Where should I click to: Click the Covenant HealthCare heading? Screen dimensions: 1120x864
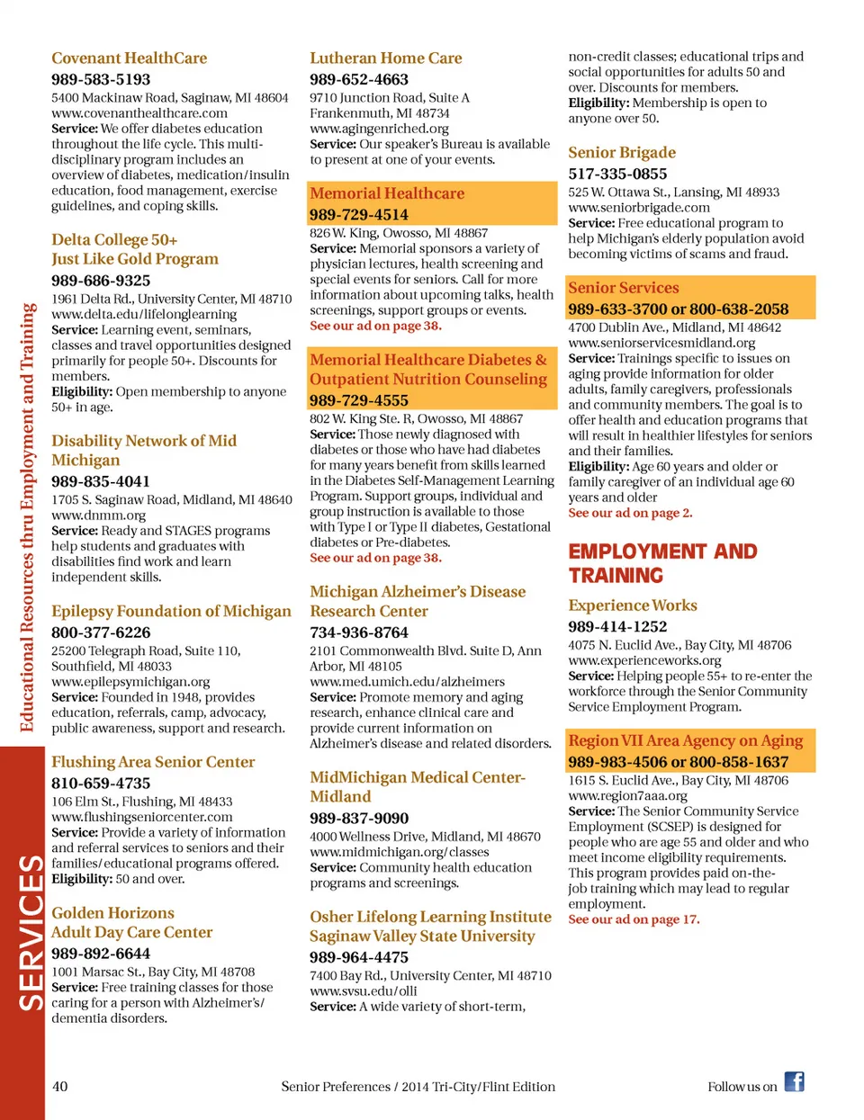pyautogui.click(x=129, y=58)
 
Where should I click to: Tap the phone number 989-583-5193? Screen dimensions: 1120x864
pyautogui.click(x=101, y=80)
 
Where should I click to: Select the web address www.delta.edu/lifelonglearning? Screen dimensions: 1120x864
pyautogui.click(x=144, y=314)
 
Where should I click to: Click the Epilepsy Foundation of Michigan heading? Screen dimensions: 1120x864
pyautogui.click(x=171, y=612)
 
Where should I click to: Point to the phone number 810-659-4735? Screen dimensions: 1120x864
pyautogui.click(x=101, y=784)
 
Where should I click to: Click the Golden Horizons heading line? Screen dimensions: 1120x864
pyautogui.click(x=112, y=913)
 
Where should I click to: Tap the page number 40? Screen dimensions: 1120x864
pyautogui.click(x=59, y=1087)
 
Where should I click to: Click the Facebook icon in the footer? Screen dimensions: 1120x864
pyautogui.click(x=794, y=1082)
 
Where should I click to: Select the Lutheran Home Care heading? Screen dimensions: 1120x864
pyautogui.click(x=385, y=58)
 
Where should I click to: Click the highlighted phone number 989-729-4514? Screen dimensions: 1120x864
pyautogui.click(x=359, y=215)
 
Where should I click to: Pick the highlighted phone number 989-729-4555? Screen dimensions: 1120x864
pyautogui.click(x=359, y=400)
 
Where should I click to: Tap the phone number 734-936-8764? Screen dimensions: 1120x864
pyautogui.click(x=359, y=632)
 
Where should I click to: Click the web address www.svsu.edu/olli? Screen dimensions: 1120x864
pyautogui.click(x=364, y=991)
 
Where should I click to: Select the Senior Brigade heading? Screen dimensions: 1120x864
pyautogui.click(x=622, y=153)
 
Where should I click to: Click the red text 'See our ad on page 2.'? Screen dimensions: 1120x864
pyautogui.click(x=630, y=513)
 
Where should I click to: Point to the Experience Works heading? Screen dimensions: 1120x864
pyautogui.click(x=633, y=605)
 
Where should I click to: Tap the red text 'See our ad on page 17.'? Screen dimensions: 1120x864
pyautogui.click(x=634, y=919)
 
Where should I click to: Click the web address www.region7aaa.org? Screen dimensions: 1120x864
pyautogui.click(x=627, y=796)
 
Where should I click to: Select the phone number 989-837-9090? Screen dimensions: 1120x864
pyautogui.click(x=359, y=819)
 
